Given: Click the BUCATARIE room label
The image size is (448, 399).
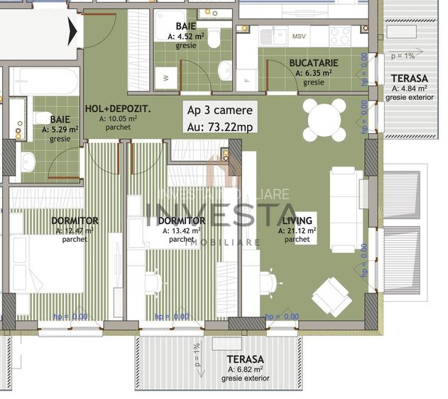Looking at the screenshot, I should (x=313, y=63).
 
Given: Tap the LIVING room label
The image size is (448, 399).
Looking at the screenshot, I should (x=297, y=220).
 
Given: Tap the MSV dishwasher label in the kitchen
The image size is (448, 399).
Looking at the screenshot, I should (x=300, y=35).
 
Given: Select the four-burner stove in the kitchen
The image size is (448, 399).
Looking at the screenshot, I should (x=341, y=35).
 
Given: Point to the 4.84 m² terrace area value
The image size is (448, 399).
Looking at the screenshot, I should (x=409, y=89).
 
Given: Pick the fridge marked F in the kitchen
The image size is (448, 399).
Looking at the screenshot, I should (x=247, y=79).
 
